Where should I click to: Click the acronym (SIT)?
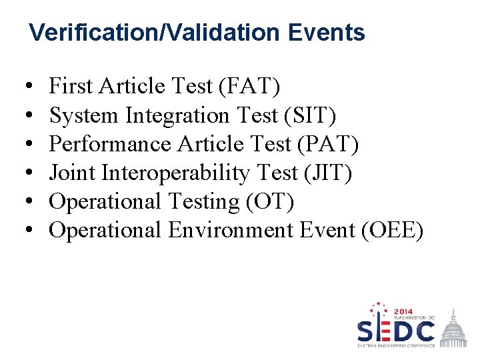click(309, 115)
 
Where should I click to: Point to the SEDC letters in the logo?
click(396, 331)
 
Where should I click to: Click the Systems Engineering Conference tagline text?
click(396, 345)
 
